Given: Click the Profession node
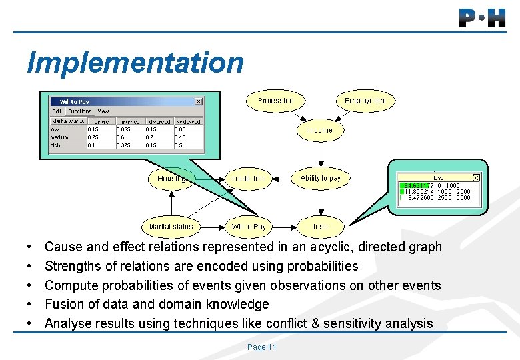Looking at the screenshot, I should click(275, 101).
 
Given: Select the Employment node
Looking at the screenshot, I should click(365, 101).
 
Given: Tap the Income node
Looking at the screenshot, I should click(320, 130).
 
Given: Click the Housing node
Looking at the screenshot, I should click(171, 179).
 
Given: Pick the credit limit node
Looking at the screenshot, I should click(249, 179).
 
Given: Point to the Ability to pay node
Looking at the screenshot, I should click(320, 178).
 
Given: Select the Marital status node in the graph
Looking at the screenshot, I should click(171, 227).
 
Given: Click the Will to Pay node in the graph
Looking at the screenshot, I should click(249, 227).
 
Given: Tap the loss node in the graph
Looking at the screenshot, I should click(321, 227).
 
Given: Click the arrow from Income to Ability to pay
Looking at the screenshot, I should click(320, 154).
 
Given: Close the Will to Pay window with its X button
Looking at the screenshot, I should click(198, 101).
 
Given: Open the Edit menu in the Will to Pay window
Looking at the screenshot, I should click(57, 111).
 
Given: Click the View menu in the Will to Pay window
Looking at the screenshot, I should click(103, 111).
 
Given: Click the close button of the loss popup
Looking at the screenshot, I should click(475, 177).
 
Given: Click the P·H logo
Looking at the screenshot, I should click(482, 18).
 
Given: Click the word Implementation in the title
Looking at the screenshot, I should click(135, 63).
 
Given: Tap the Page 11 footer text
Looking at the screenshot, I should click(261, 347).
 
